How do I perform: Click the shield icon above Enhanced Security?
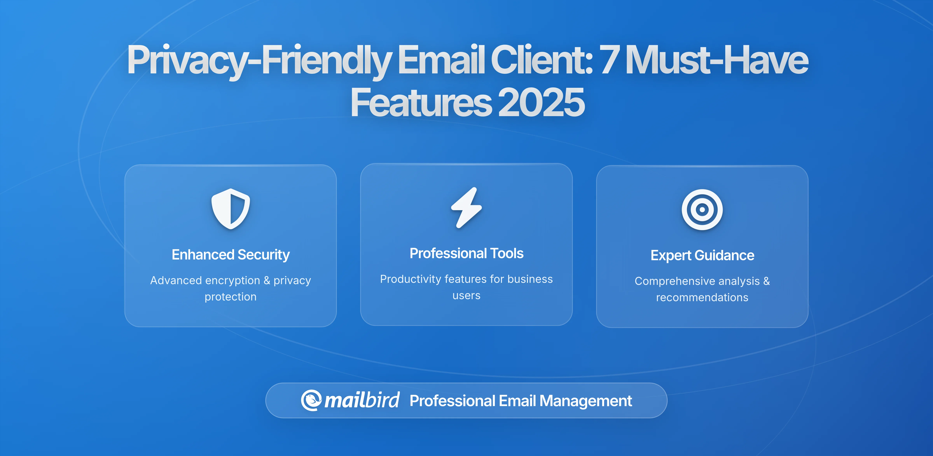(x=231, y=209)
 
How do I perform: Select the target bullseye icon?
(x=702, y=210)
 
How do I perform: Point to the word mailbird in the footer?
(x=362, y=400)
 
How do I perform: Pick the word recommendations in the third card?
(x=702, y=298)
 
